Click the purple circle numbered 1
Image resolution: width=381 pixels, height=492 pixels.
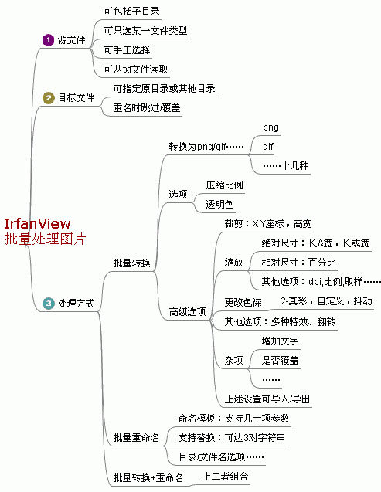click(x=49, y=40)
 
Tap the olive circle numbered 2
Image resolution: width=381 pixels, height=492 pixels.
click(x=49, y=98)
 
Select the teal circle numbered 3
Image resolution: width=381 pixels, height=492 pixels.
click(x=49, y=304)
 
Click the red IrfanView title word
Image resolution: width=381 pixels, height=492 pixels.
click(x=37, y=224)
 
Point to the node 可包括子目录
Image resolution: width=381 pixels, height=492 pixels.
click(x=132, y=12)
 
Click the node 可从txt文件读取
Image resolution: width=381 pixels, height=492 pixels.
click(x=136, y=70)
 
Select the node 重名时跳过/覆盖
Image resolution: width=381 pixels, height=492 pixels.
click(x=147, y=108)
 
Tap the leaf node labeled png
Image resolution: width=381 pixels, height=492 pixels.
click(x=270, y=127)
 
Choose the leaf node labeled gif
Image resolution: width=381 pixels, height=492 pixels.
click(x=268, y=147)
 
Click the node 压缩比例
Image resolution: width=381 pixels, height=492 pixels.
click(x=224, y=185)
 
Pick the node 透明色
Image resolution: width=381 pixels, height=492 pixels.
click(x=219, y=205)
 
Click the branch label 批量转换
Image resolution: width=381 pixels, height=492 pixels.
click(x=132, y=263)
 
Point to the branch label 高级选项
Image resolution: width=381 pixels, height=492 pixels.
click(x=187, y=311)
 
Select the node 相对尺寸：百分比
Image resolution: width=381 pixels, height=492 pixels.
click(x=299, y=263)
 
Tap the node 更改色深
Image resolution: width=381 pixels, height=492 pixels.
click(x=243, y=302)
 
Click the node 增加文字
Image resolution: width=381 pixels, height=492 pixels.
click(x=280, y=341)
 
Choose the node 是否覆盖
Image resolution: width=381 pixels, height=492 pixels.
click(x=280, y=360)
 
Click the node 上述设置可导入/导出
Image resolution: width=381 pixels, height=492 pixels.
click(x=267, y=399)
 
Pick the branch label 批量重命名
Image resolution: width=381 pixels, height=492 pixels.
click(x=136, y=437)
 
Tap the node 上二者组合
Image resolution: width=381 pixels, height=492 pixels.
click(x=225, y=477)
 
